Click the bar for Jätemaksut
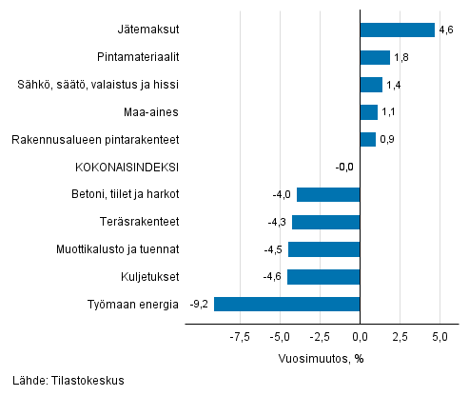tap(397, 30)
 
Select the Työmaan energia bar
tap(287, 305)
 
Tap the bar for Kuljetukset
tap(323, 277)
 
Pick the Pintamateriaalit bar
tap(375, 57)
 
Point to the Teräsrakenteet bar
tap(326, 222)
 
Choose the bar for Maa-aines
tap(369, 112)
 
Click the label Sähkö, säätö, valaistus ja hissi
tap(98, 85)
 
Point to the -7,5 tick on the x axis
tap(240, 337)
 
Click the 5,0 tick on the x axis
tap(440, 337)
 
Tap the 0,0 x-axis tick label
tap(361, 337)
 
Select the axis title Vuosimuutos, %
tap(321, 359)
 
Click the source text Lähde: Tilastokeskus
tap(64, 381)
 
